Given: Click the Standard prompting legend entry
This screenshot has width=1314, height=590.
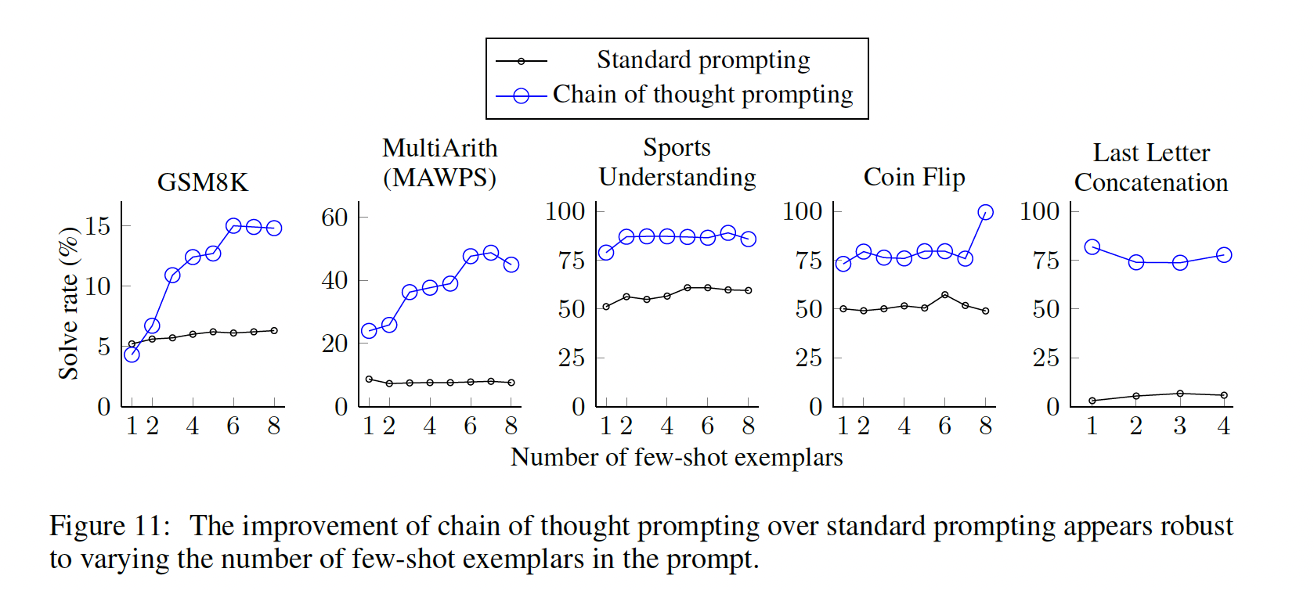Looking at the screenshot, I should click(702, 60).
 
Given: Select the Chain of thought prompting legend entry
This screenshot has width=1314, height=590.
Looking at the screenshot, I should click(702, 95).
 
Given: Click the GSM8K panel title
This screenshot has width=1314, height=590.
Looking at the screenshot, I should click(202, 182).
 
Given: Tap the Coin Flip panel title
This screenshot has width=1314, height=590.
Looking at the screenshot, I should click(914, 178).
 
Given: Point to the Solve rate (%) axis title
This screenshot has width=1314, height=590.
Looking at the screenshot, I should click(69, 303).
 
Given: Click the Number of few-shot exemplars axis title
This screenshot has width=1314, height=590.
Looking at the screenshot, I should click(676, 457).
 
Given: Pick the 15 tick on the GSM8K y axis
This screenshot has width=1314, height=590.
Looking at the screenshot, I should click(98, 226).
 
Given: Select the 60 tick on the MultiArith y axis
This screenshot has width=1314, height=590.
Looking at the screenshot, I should click(334, 218).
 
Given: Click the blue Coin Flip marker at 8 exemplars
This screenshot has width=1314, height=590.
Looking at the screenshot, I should click(985, 212).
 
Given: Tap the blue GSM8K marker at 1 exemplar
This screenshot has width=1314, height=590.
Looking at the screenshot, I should click(132, 354).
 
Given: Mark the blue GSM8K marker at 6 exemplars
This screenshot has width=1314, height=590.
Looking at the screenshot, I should click(233, 226).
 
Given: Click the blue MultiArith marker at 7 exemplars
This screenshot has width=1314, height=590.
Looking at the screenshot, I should click(491, 253).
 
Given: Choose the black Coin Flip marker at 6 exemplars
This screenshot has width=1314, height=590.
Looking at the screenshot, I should click(944, 295).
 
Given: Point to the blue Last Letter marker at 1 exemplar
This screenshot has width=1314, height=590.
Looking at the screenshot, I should click(1092, 246).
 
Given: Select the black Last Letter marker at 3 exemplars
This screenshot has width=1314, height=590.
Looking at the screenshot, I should click(1180, 394).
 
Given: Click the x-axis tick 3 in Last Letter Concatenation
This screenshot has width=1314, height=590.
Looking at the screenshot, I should click(1180, 426).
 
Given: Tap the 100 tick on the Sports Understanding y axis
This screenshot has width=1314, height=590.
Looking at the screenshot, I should click(565, 211).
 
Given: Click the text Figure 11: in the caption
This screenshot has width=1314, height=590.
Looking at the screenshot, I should click(110, 526).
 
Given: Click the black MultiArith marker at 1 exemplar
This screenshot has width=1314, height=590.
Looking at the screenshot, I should click(369, 379).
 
